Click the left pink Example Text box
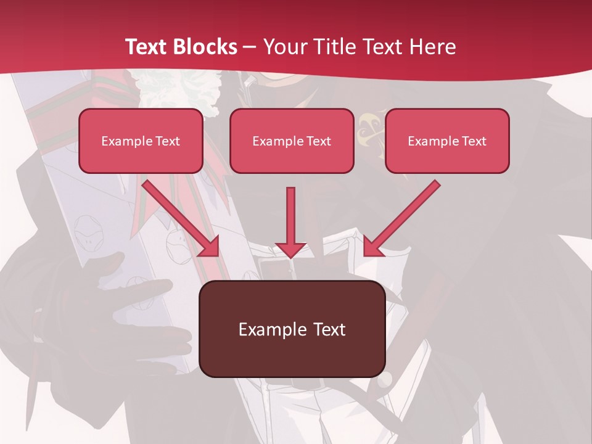[x=141, y=141]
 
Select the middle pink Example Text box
[x=292, y=141]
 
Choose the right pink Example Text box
[x=447, y=141]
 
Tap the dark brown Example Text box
[x=292, y=329]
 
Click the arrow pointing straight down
[x=290, y=219]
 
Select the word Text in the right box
[x=474, y=141]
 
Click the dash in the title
[x=250, y=47]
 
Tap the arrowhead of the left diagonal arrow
[x=210, y=247]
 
